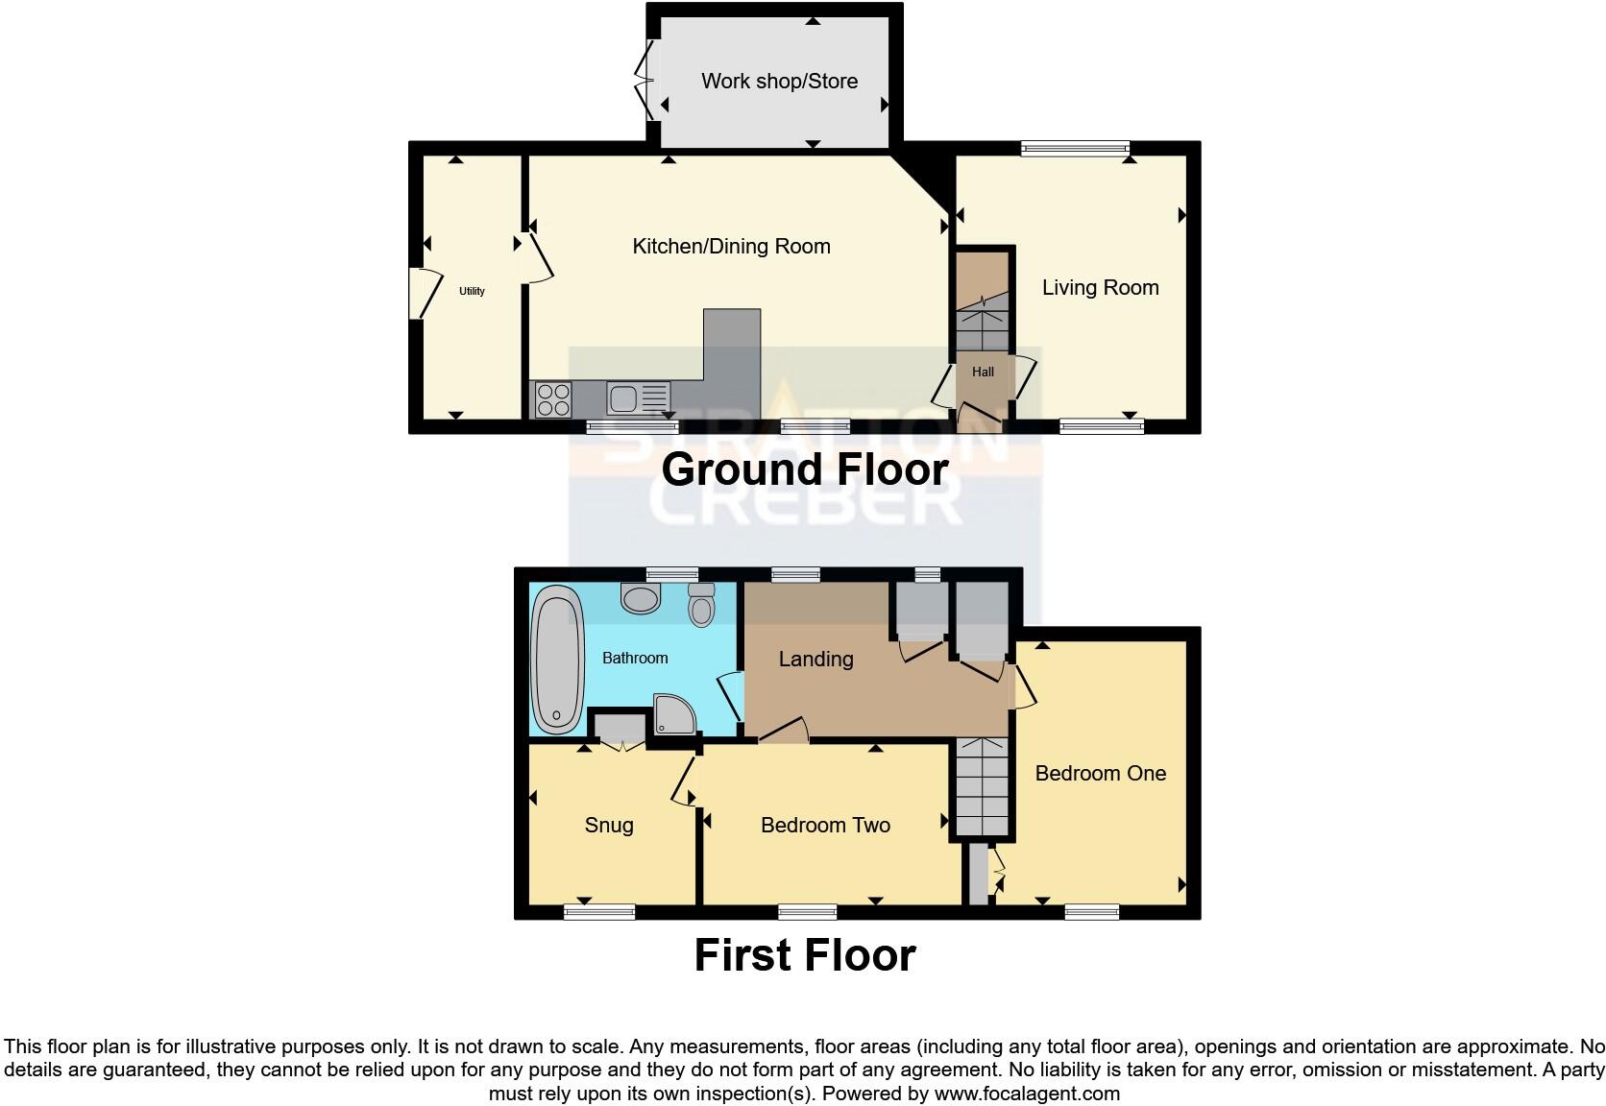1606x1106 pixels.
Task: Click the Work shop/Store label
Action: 779,82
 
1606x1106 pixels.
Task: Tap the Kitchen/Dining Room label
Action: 731,247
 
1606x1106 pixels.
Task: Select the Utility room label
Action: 472,291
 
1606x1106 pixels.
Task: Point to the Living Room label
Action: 1100,288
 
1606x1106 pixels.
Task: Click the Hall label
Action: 983,373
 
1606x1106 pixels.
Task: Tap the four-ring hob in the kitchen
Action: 552,399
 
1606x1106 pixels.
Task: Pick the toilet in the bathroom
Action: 702,606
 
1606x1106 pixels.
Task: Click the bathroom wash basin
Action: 641,599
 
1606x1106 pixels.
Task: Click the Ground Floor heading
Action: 805,469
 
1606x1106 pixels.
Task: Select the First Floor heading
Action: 805,955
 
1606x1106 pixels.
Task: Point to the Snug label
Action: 609,826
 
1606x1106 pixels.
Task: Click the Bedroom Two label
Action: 825,826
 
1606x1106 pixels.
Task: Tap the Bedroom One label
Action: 1100,774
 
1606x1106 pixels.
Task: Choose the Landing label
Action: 815,660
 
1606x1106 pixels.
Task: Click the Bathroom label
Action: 635,659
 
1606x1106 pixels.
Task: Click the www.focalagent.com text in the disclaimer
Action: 1026,1094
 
